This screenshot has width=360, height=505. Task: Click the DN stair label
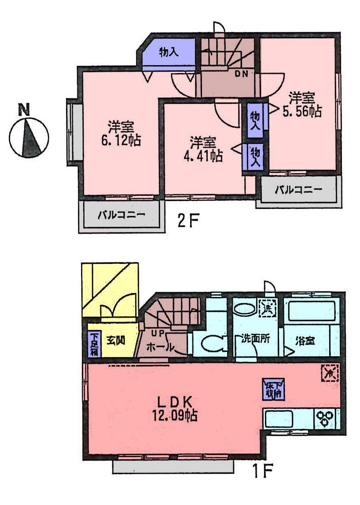click(241, 74)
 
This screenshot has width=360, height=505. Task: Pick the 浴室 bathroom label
click(305, 340)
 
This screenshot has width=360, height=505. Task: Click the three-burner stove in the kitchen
click(326, 417)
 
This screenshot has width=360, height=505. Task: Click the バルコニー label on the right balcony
click(299, 190)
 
